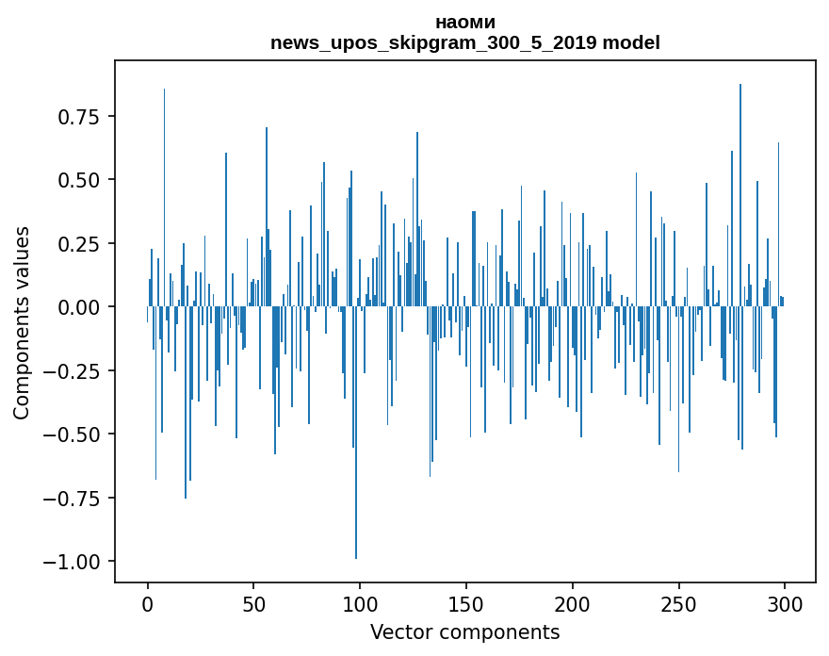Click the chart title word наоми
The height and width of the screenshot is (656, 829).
(x=464, y=22)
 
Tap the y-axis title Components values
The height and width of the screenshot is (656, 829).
(x=22, y=322)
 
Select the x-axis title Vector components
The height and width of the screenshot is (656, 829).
(x=464, y=632)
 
